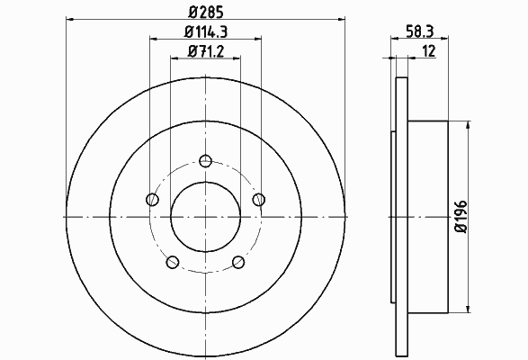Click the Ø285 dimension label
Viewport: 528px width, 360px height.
pyautogui.click(x=206, y=12)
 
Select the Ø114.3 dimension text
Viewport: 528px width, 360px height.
pyautogui.click(x=206, y=31)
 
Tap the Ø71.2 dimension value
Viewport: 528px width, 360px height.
pyautogui.click(x=206, y=51)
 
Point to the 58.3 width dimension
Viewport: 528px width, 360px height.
pyautogui.click(x=419, y=31)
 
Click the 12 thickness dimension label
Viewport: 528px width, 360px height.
pyautogui.click(x=429, y=51)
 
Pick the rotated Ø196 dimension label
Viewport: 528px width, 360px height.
pyautogui.click(x=461, y=217)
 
